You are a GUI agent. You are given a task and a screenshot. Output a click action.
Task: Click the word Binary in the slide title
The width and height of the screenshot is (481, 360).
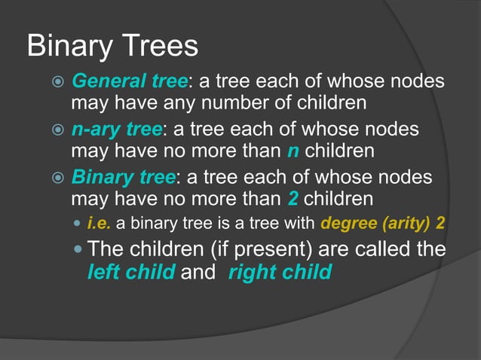coord(65,47)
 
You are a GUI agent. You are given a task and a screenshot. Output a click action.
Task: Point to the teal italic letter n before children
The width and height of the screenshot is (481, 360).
coord(293,151)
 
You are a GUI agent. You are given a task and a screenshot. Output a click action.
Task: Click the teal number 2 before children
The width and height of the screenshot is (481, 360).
coord(293,200)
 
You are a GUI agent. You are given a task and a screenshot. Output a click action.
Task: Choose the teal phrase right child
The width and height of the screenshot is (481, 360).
coord(280,272)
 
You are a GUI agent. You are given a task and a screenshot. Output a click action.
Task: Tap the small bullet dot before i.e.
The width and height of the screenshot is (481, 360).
coord(80,224)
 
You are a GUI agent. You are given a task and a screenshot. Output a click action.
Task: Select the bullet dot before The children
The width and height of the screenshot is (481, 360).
coord(80,250)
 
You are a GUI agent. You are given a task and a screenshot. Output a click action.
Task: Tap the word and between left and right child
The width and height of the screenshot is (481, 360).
coord(198,272)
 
